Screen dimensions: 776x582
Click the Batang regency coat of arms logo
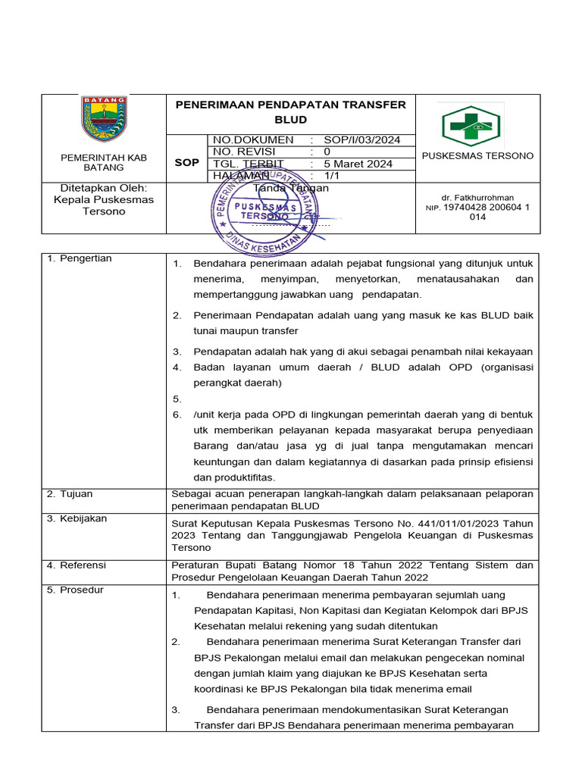[104, 119]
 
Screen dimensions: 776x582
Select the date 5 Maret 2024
[358, 164]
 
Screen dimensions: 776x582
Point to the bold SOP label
[186, 163]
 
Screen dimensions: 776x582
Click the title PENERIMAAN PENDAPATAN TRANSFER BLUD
[290, 112]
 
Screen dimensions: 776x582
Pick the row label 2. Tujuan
[70, 494]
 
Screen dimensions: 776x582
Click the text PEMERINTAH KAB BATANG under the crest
[104, 162]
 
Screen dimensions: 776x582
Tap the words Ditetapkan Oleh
[103, 188]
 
